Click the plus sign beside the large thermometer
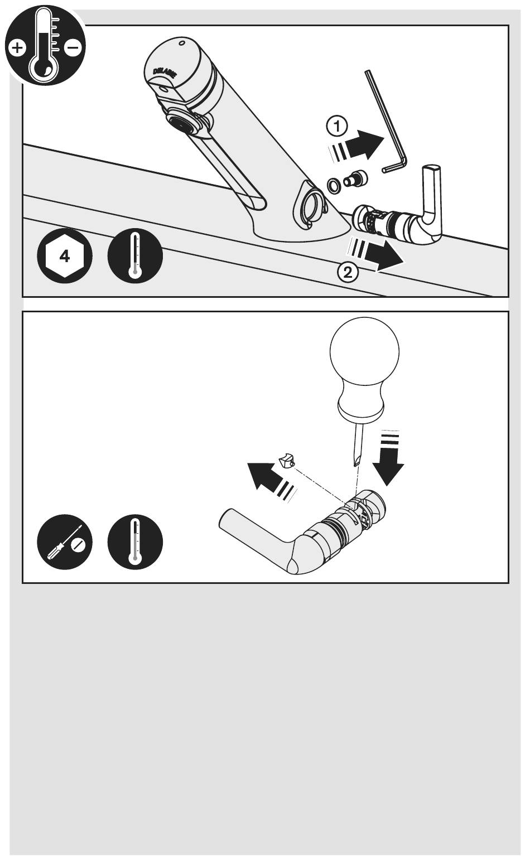pyautogui.click(x=17, y=49)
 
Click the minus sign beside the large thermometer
pyautogui.click(x=73, y=47)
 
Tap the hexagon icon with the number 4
pyautogui.click(x=65, y=256)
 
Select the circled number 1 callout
pyautogui.click(x=337, y=126)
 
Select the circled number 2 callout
pyautogui.click(x=348, y=273)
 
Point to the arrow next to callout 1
pyautogui.click(x=356, y=146)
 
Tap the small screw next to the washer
pyautogui.click(x=355, y=179)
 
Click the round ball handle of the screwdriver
pyautogui.click(x=364, y=351)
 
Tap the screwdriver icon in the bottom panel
pyautogui.click(x=65, y=542)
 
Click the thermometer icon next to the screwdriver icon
pyautogui.click(x=135, y=542)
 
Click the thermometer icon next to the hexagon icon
pyautogui.click(x=135, y=256)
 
